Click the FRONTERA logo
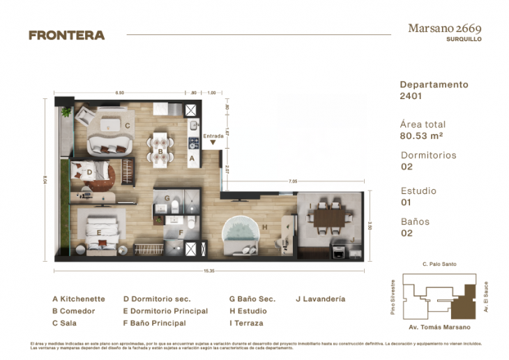point(66,35)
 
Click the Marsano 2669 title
point(444,29)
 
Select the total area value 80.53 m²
point(422,135)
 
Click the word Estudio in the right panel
point(418,190)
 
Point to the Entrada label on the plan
point(213,136)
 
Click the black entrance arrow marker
point(213,144)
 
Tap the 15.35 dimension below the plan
point(208,267)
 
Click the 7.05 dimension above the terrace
point(293,181)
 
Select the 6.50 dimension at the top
point(120,92)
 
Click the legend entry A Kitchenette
point(78,299)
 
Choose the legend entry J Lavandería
point(320,299)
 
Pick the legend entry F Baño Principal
point(154,323)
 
